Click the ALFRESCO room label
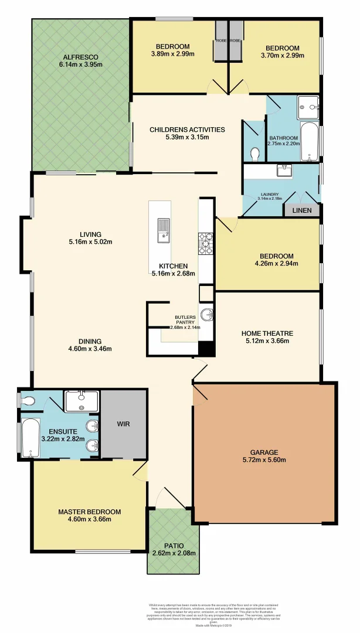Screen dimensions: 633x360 pos(80,57)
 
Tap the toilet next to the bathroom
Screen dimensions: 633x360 pos(254,154)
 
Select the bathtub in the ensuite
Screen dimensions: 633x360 pos(29,437)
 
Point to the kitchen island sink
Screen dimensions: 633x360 pos(162,230)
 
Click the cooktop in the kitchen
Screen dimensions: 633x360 pos(206,243)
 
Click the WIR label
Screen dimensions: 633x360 pos(123,423)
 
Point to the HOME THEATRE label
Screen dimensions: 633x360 pos(267,333)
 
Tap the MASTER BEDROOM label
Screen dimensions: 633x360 pos(89,512)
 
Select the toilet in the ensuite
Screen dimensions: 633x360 pos(29,401)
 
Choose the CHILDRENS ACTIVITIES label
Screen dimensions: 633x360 pos(187,130)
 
